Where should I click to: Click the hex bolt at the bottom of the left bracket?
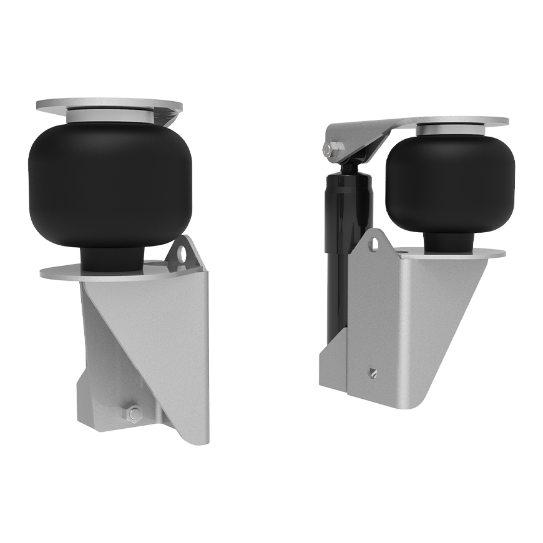(x=132, y=413)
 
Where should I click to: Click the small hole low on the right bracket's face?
(x=371, y=373)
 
